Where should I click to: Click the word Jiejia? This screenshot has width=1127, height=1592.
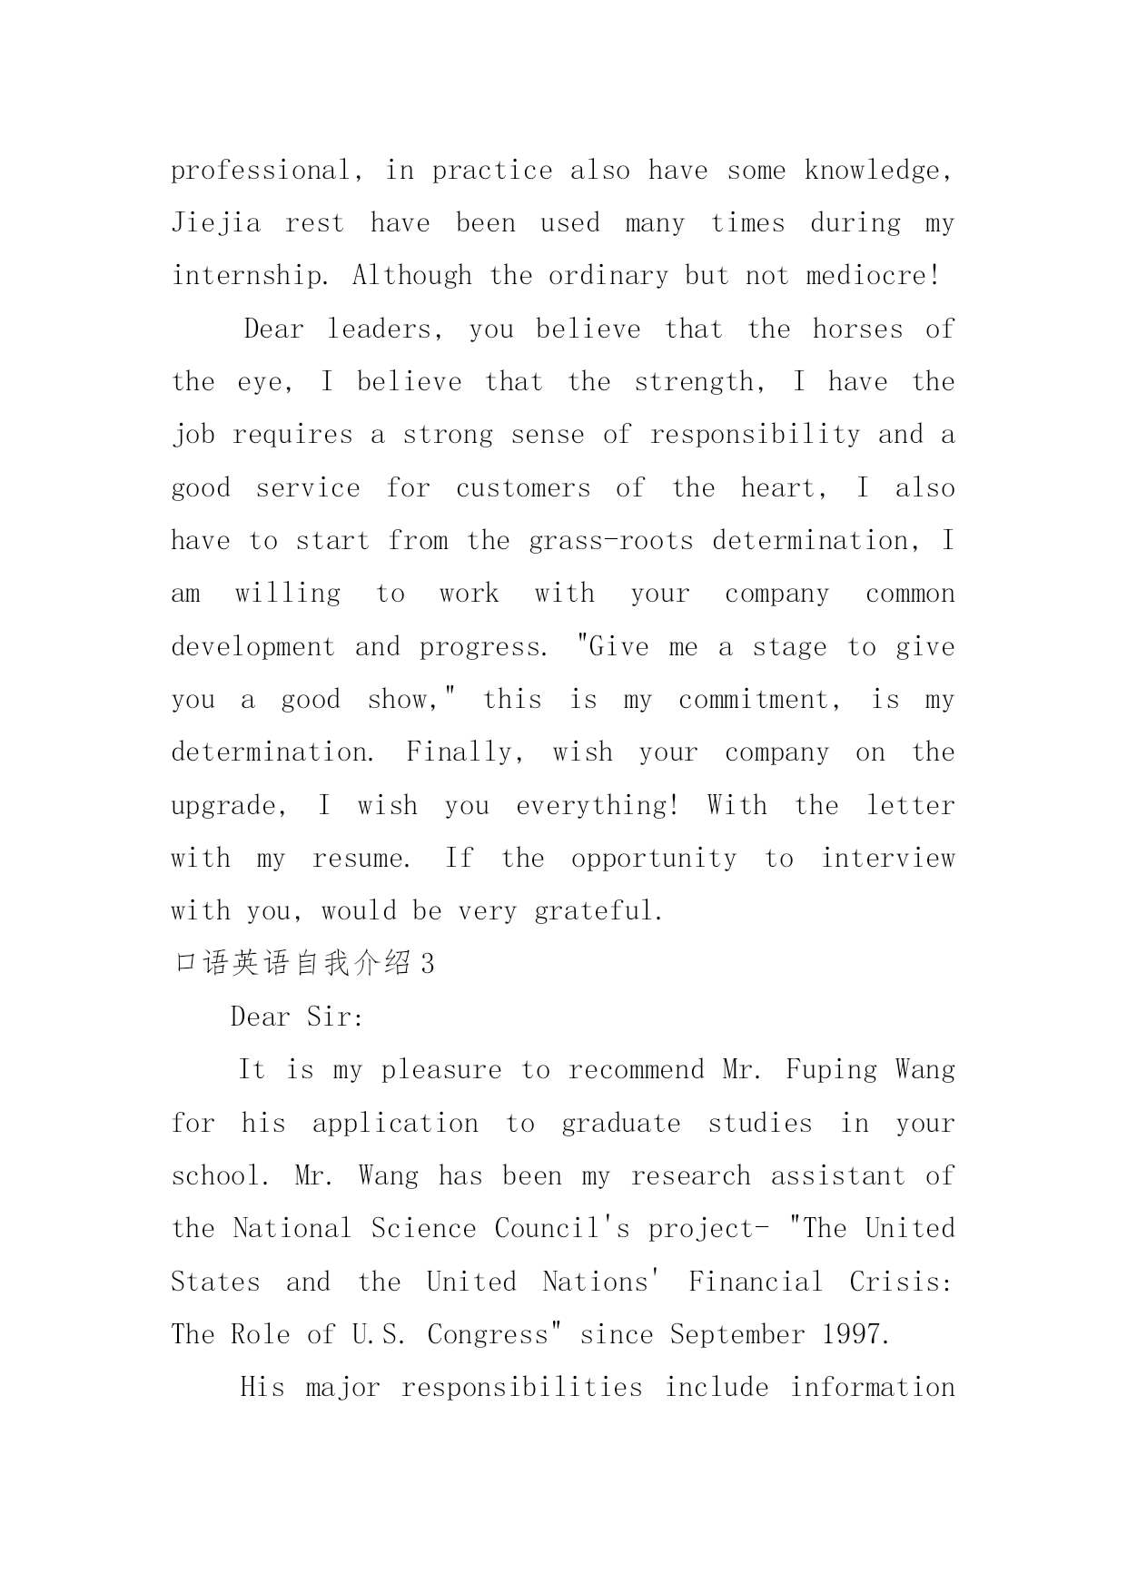(x=216, y=223)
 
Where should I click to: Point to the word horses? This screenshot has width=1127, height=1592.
(x=857, y=329)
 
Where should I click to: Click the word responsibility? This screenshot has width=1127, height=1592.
(x=755, y=435)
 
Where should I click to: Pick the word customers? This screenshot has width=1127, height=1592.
(x=522, y=488)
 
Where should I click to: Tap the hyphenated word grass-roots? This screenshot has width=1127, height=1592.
(x=610, y=541)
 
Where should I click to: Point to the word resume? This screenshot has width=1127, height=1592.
(x=360, y=859)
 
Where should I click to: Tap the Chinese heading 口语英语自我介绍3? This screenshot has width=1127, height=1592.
(x=303, y=964)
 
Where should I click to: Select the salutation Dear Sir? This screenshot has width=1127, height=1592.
(x=296, y=1017)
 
